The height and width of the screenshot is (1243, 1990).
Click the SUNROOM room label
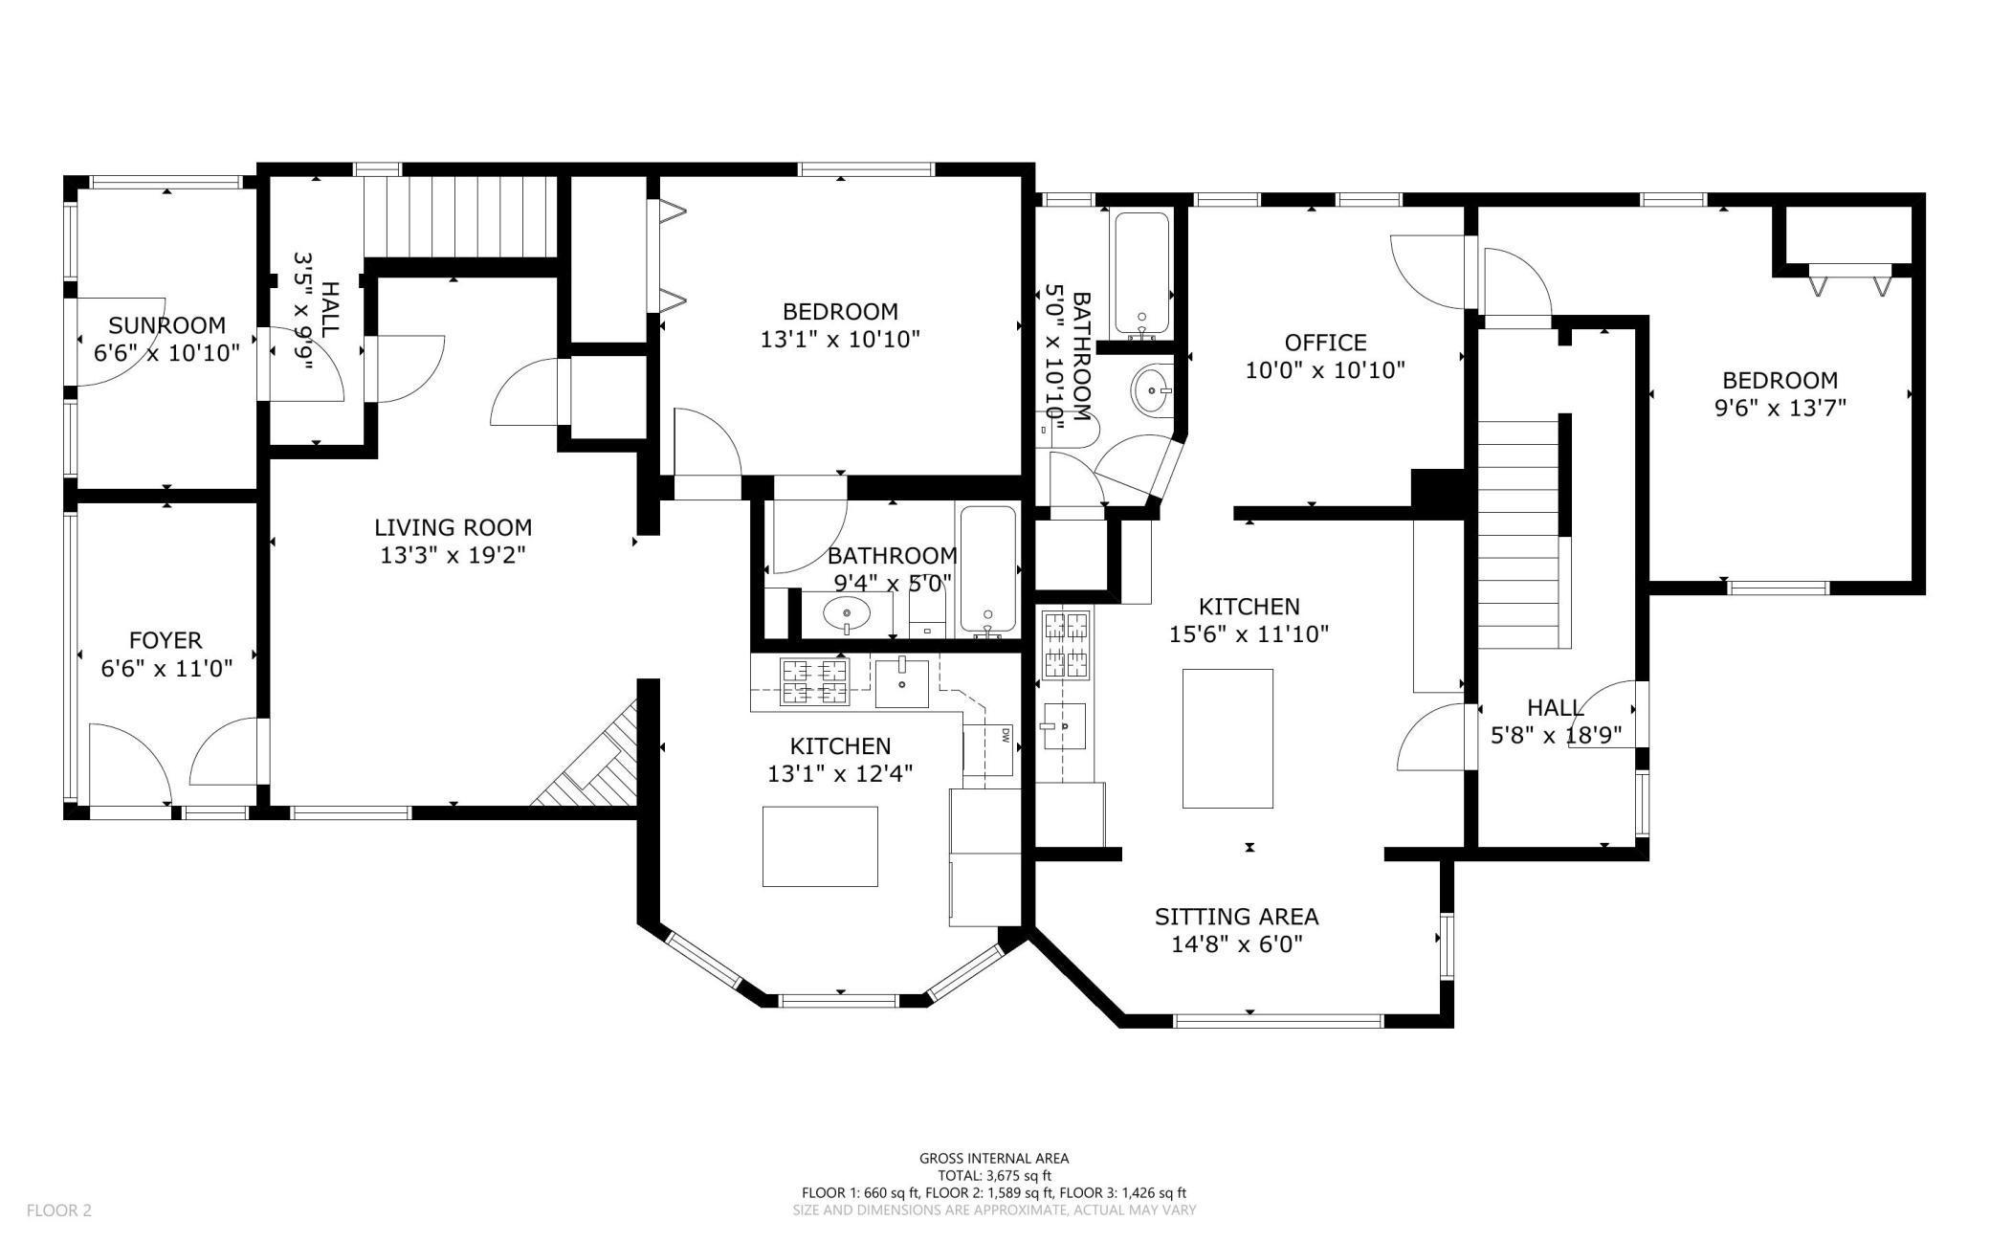(x=166, y=325)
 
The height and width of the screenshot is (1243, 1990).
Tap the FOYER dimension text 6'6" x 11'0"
(x=166, y=668)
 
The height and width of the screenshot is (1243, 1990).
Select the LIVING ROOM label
(x=453, y=527)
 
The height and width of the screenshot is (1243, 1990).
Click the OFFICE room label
(x=1325, y=343)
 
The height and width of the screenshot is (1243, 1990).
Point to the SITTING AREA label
(x=1236, y=917)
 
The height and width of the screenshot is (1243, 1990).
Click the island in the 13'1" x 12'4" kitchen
(x=820, y=846)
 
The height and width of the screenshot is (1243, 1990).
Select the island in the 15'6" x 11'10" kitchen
(x=1227, y=738)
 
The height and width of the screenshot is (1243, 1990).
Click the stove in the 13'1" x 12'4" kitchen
(x=814, y=681)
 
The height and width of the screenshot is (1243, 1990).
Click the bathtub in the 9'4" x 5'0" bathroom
(x=987, y=570)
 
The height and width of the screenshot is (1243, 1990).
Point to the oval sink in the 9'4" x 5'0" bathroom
(x=847, y=612)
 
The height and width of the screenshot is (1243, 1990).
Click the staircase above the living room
(x=459, y=216)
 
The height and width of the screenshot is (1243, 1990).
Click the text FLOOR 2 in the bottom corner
(x=58, y=1210)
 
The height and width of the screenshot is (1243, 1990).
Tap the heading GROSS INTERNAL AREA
(x=994, y=1158)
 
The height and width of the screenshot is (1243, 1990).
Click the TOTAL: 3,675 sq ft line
(x=994, y=1176)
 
